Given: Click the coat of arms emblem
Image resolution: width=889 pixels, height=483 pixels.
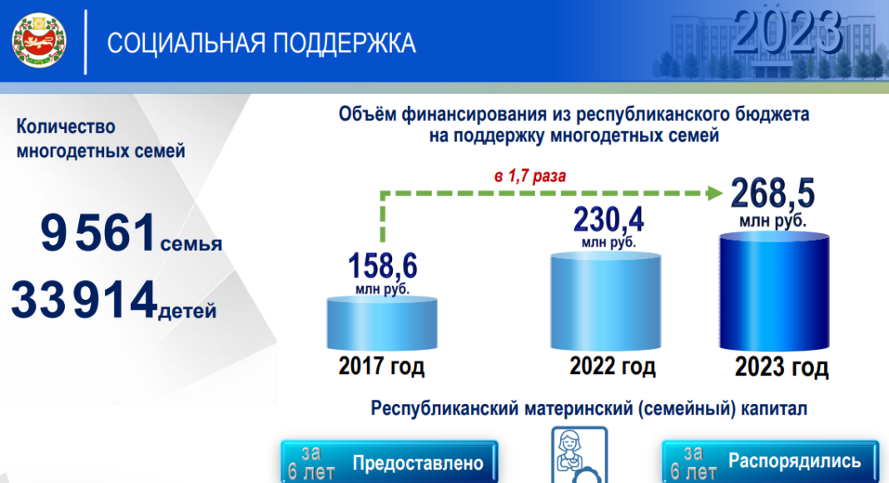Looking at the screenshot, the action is point(39,41).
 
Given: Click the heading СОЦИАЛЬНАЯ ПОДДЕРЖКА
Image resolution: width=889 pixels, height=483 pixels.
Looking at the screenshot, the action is point(261,43).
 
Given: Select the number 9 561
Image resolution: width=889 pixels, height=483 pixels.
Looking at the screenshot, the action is point(98,232).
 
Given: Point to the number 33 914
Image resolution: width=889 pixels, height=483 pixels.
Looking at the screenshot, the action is point(84,299).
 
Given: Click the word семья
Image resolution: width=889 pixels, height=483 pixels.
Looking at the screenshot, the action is point(191,244).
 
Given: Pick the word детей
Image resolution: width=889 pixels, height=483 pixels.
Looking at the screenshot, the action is point(187,311).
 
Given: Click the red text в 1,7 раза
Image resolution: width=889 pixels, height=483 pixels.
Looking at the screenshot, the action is point(530,177).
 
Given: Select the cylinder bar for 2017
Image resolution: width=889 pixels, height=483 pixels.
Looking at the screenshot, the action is point(381,323).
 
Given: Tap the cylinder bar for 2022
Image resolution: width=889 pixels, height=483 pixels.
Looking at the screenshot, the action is point(605,301).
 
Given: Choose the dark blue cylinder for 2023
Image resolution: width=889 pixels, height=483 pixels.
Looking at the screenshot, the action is point(774,291).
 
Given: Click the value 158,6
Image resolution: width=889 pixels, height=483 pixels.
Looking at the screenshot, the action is point(383,266).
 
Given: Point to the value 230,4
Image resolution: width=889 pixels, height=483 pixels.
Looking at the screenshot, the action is point(608,219).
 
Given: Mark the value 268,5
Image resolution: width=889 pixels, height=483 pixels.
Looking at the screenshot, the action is point(772,193).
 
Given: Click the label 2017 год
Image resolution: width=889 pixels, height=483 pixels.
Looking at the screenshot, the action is point(381,366).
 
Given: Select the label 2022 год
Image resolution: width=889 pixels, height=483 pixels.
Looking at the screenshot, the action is point(613,366).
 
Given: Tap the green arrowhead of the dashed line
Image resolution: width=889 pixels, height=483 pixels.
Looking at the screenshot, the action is point(715,192).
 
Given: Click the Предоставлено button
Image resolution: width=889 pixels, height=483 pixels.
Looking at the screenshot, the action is point(390,462).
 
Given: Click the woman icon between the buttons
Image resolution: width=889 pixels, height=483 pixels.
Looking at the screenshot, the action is point(579,456).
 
